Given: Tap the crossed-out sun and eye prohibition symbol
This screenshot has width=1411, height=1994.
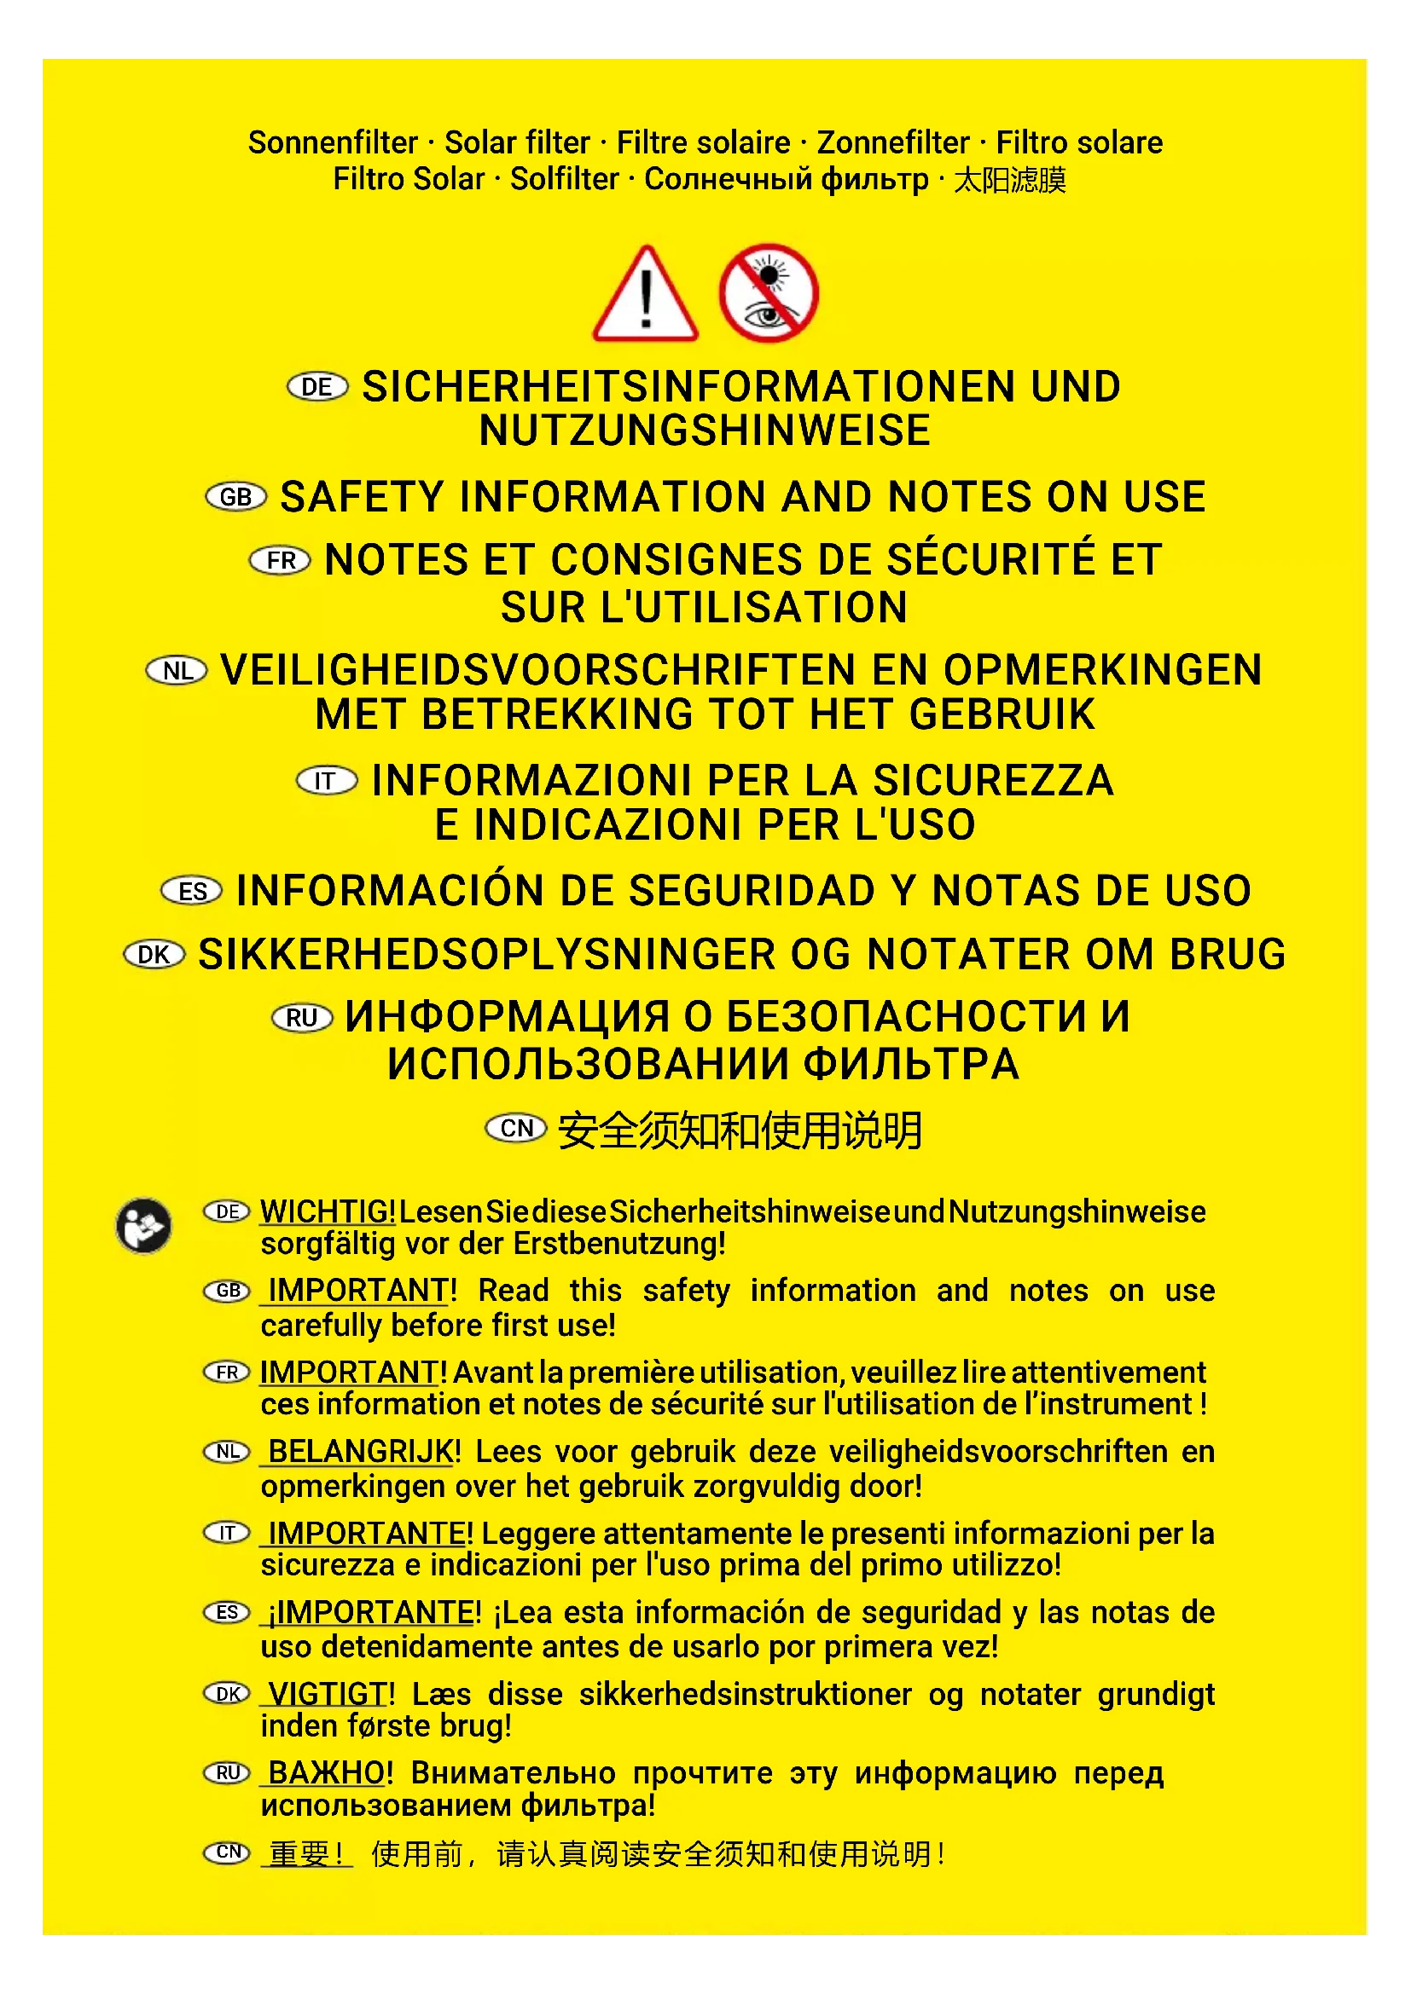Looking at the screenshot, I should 768,293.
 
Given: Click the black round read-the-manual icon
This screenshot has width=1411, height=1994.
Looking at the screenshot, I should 143,1225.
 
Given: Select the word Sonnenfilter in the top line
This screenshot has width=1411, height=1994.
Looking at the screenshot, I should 333,142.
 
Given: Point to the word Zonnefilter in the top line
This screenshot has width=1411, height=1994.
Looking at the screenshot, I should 892,142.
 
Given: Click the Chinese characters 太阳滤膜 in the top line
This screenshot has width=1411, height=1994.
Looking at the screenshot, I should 1009,180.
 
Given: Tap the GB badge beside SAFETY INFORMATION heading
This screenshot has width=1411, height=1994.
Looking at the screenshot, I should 235,497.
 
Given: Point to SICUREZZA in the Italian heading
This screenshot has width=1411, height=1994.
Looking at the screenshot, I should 992,780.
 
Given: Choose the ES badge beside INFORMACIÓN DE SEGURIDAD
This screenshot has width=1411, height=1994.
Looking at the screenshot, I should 192,891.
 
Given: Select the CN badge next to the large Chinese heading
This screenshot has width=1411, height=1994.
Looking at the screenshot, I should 516,1128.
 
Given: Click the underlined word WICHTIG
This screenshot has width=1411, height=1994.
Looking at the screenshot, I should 328,1211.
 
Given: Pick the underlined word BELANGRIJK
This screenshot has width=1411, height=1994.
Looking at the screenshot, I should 363,1451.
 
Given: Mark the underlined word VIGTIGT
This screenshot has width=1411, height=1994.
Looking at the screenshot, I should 328,1694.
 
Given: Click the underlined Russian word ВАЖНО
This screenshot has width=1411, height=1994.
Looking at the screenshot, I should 326,1772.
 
